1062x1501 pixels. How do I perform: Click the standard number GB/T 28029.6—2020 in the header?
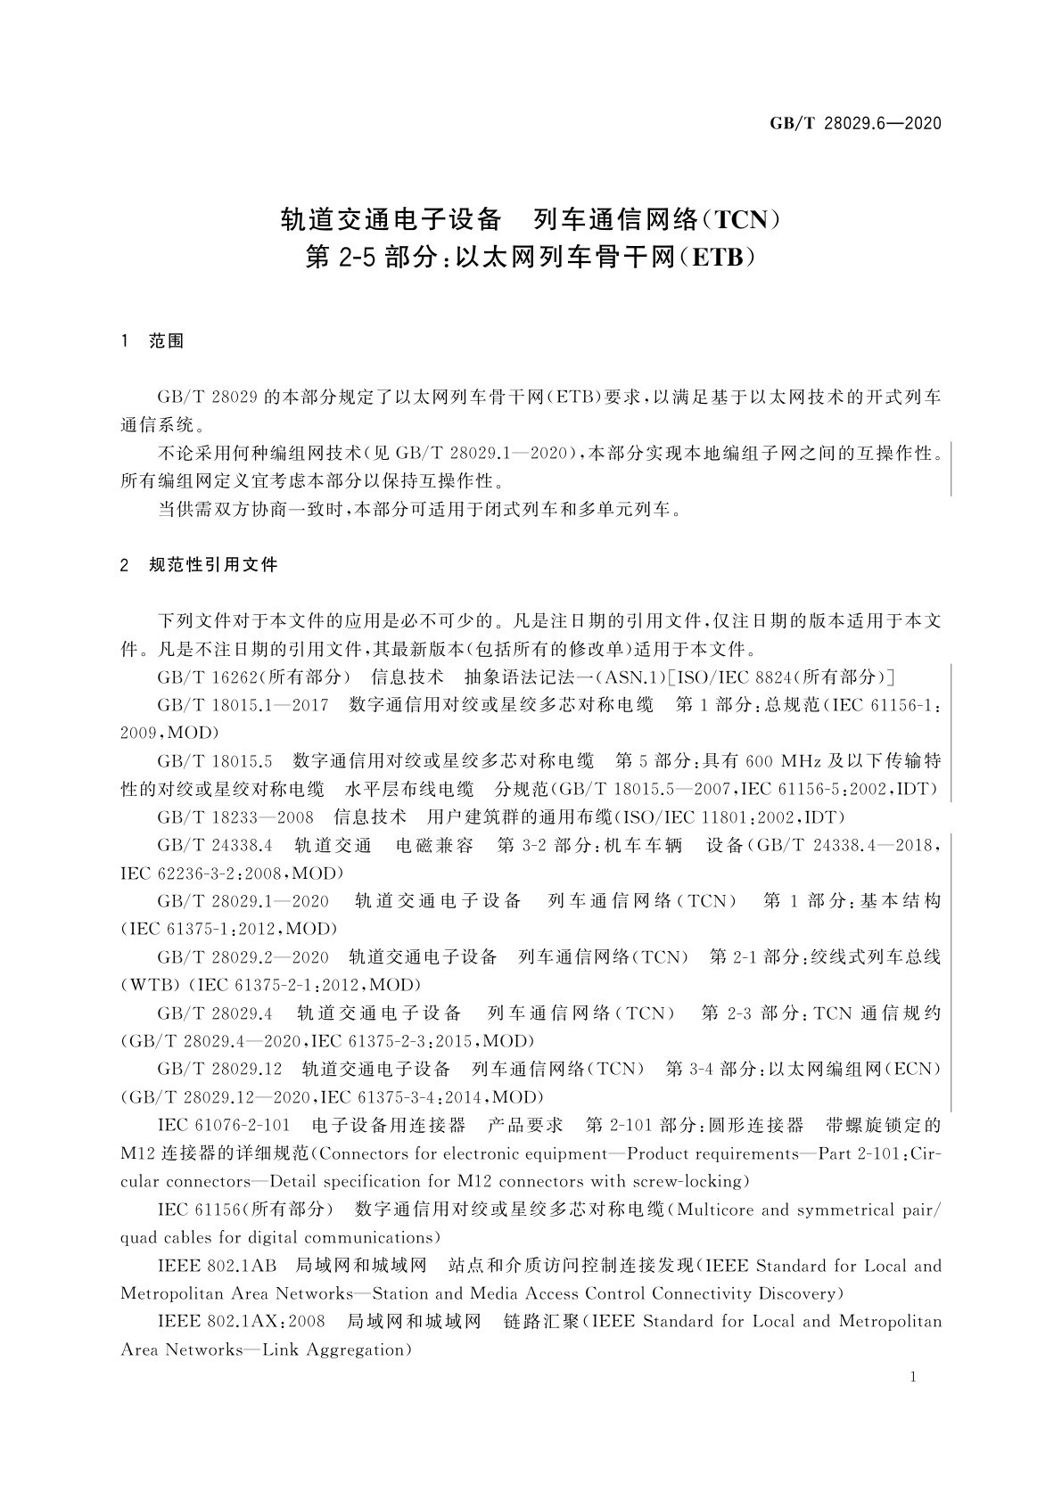click(x=855, y=124)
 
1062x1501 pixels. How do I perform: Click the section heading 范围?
click(x=167, y=341)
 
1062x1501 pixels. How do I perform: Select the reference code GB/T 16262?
click(x=200, y=677)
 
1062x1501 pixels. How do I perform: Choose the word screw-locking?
click(x=687, y=1182)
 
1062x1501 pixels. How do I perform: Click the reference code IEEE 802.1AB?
click(x=217, y=1266)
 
